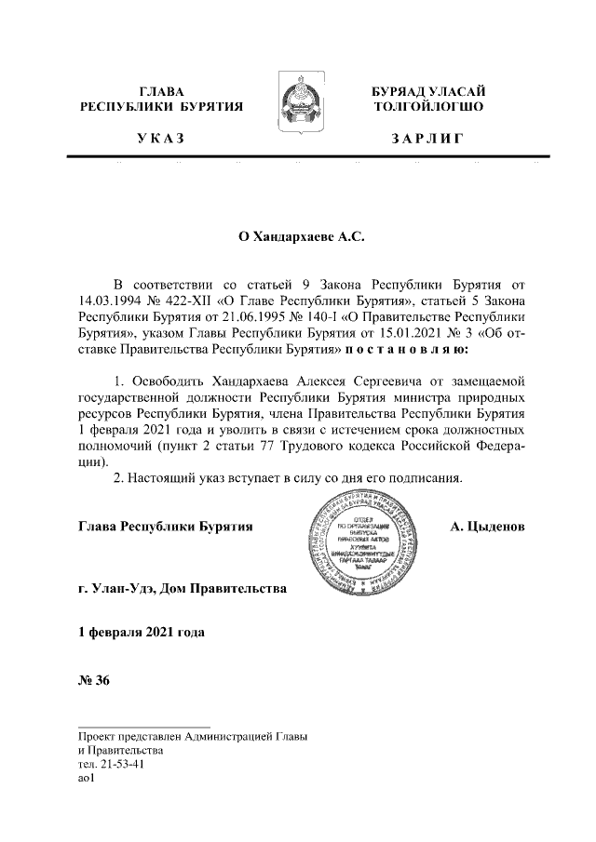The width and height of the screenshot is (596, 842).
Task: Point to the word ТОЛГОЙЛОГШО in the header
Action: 427,107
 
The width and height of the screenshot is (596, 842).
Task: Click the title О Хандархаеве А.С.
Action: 299,237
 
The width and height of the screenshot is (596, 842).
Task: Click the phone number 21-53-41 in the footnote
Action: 120,765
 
